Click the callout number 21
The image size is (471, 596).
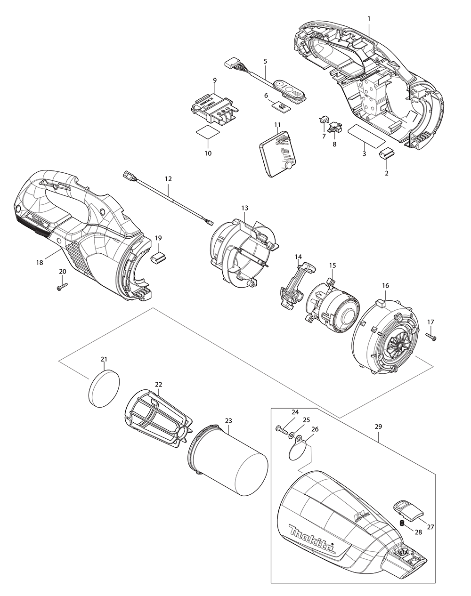tap(104, 359)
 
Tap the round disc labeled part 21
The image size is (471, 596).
tap(104, 388)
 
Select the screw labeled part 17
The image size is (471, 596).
tap(431, 337)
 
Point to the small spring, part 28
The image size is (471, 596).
tap(402, 524)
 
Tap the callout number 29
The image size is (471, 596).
tap(378, 427)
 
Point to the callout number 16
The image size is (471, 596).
tap(385, 285)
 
